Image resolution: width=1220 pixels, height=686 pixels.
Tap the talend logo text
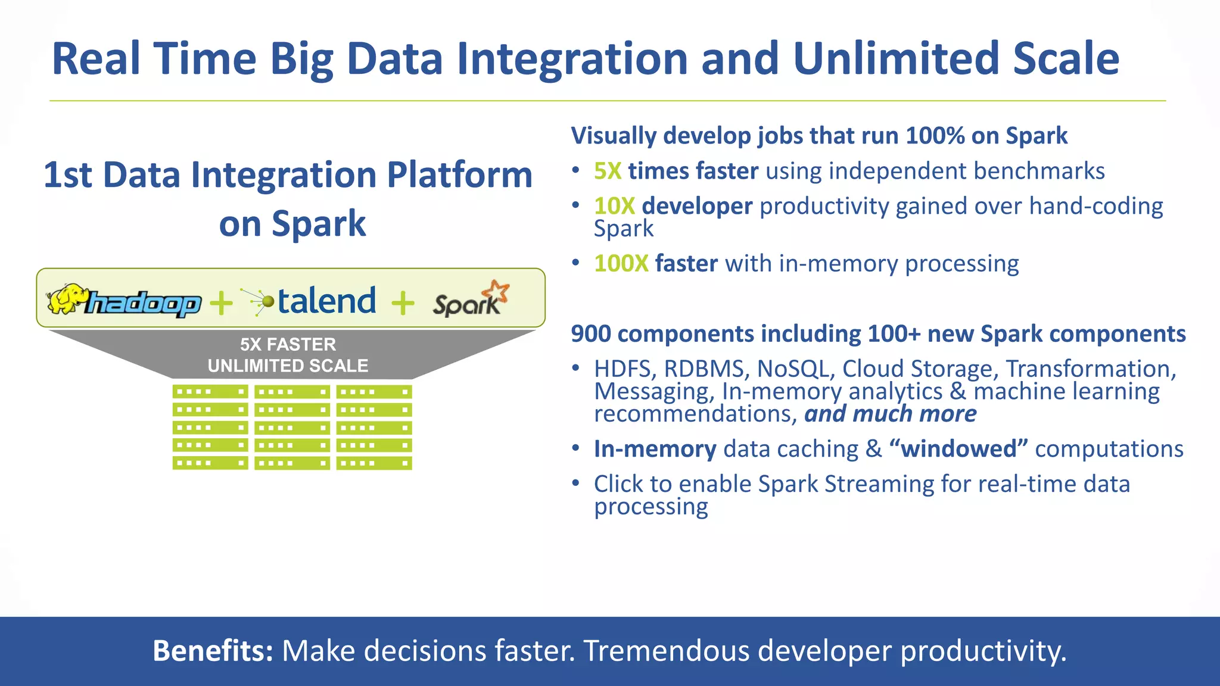pos(326,301)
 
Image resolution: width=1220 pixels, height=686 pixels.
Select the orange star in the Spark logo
pos(496,291)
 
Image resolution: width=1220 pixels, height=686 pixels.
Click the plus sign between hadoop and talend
pos(221,303)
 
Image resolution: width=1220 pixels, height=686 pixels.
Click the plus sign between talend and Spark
pos(403,303)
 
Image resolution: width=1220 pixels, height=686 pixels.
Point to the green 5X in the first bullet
pos(607,171)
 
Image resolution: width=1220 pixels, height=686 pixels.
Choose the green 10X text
pos(614,207)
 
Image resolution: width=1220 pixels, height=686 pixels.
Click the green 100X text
pos(621,264)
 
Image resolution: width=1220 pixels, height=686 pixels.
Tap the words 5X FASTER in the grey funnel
pos(288,344)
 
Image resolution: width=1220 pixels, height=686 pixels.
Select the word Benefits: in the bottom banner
pos(213,650)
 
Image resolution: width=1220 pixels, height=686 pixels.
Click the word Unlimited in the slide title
pos(896,59)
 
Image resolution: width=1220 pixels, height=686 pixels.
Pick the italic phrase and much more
pos(890,414)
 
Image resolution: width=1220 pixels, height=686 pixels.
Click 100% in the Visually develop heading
pos(935,136)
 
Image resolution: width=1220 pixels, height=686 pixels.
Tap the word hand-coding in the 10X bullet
pos(1095,207)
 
